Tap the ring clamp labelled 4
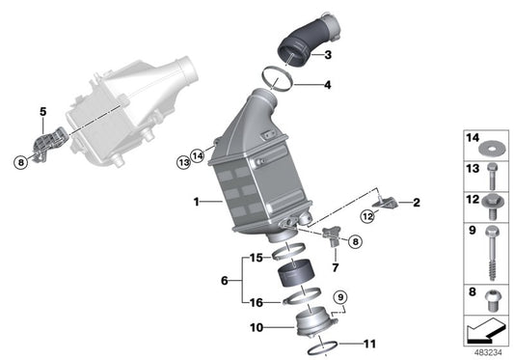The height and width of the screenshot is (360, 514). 281,77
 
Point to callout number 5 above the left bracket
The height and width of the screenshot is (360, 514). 42,113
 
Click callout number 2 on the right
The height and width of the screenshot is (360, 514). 416,203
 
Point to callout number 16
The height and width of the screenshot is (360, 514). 256,302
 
